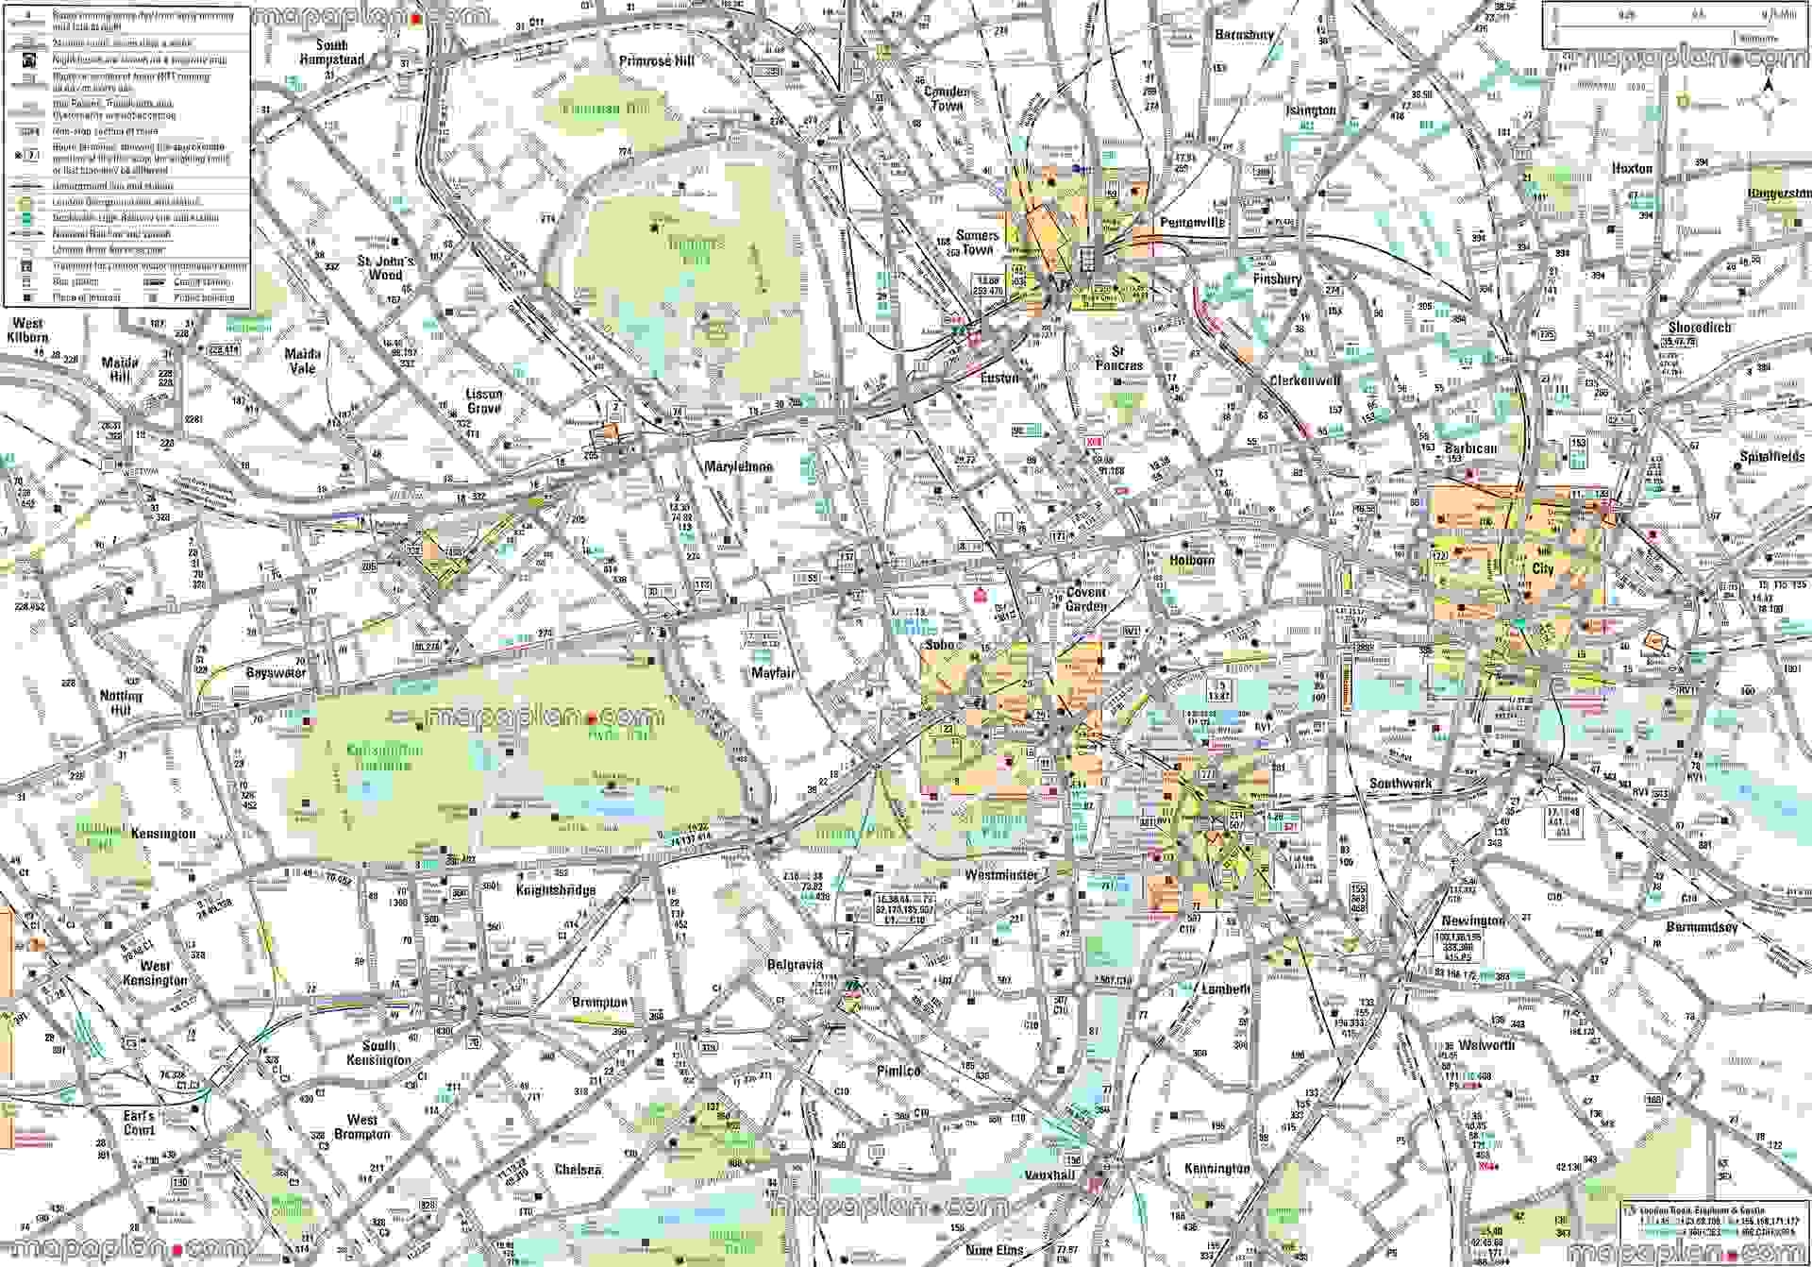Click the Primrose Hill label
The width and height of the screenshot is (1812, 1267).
tap(657, 61)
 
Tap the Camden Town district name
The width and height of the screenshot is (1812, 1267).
tap(947, 99)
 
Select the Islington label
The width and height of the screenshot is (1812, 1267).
tap(1311, 110)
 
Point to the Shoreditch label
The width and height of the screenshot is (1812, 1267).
tap(1700, 328)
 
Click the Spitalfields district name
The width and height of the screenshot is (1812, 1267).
tap(1771, 457)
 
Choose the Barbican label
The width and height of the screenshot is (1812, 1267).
tap(1470, 448)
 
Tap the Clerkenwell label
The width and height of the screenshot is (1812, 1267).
tap(1304, 381)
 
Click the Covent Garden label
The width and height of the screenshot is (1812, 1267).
tap(1085, 600)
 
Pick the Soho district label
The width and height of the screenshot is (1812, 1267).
tap(944, 645)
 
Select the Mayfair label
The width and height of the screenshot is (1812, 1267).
tap(774, 674)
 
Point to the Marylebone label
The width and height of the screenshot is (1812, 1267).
tap(739, 466)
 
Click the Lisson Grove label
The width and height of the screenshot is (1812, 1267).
tap(483, 401)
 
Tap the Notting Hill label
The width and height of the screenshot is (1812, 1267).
tap(121, 702)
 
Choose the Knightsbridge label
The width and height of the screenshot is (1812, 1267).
tap(555, 890)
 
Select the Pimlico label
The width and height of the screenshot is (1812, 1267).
tap(898, 1072)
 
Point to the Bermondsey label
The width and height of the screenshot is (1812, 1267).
tap(1702, 927)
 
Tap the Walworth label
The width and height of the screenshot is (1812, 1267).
tap(1486, 1045)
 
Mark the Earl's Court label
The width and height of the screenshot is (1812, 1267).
tap(139, 1123)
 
